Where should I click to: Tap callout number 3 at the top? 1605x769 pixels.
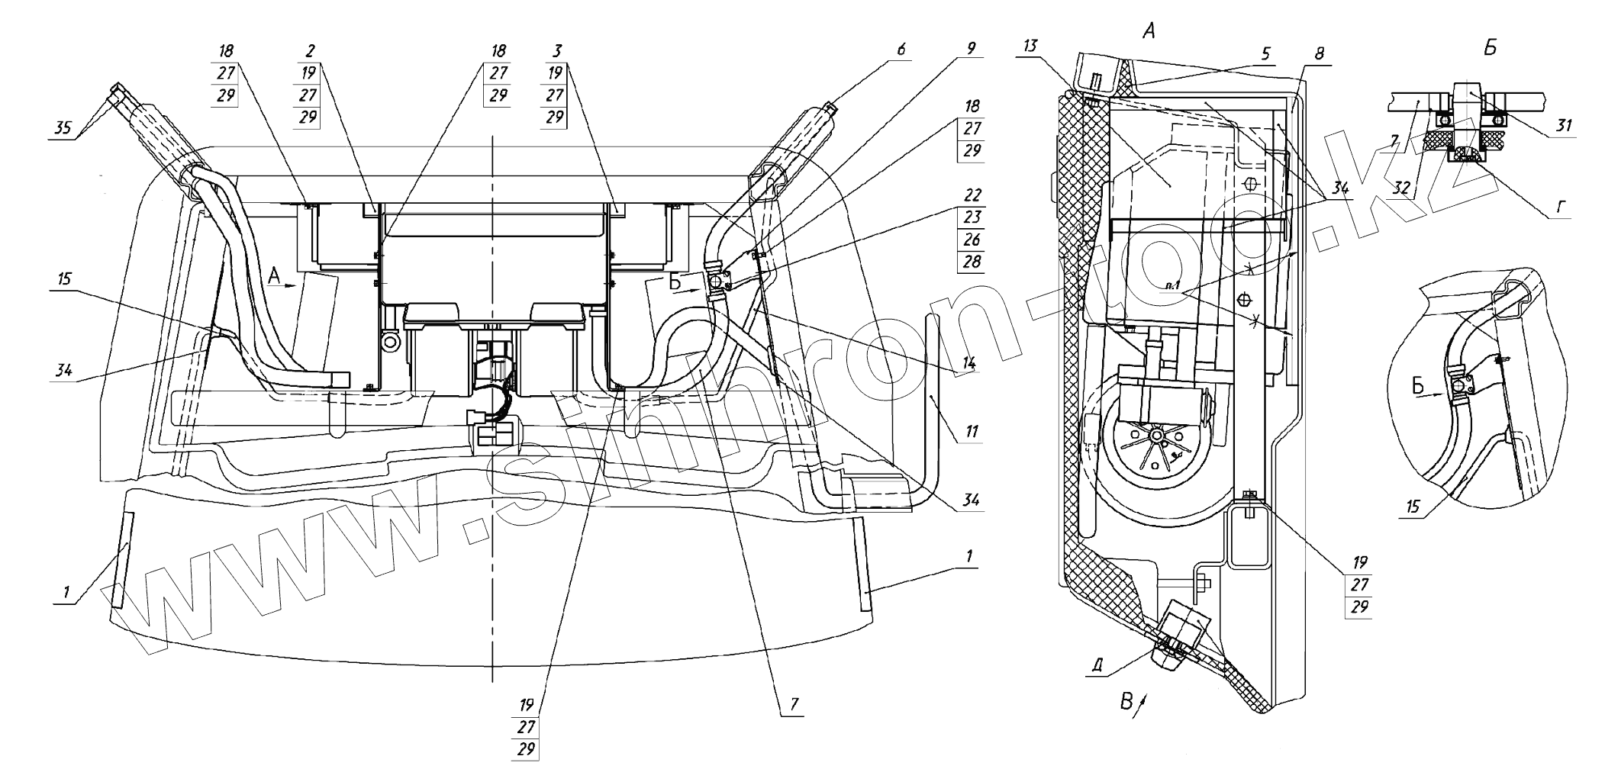pyautogui.click(x=556, y=52)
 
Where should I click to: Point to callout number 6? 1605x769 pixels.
pyautogui.click(x=901, y=50)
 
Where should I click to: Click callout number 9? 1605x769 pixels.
pyautogui.click(x=971, y=48)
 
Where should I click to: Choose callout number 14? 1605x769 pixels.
pyautogui.click(x=968, y=364)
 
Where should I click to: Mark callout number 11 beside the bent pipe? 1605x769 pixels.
pyautogui.click(x=971, y=432)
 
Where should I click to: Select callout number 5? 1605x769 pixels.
pyautogui.click(x=1265, y=53)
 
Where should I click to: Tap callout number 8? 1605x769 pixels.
pyautogui.click(x=1320, y=53)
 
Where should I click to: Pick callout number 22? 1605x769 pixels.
pyautogui.click(x=972, y=195)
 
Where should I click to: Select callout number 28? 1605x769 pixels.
pyautogui.click(x=972, y=262)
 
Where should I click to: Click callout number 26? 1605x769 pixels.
pyautogui.click(x=972, y=240)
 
